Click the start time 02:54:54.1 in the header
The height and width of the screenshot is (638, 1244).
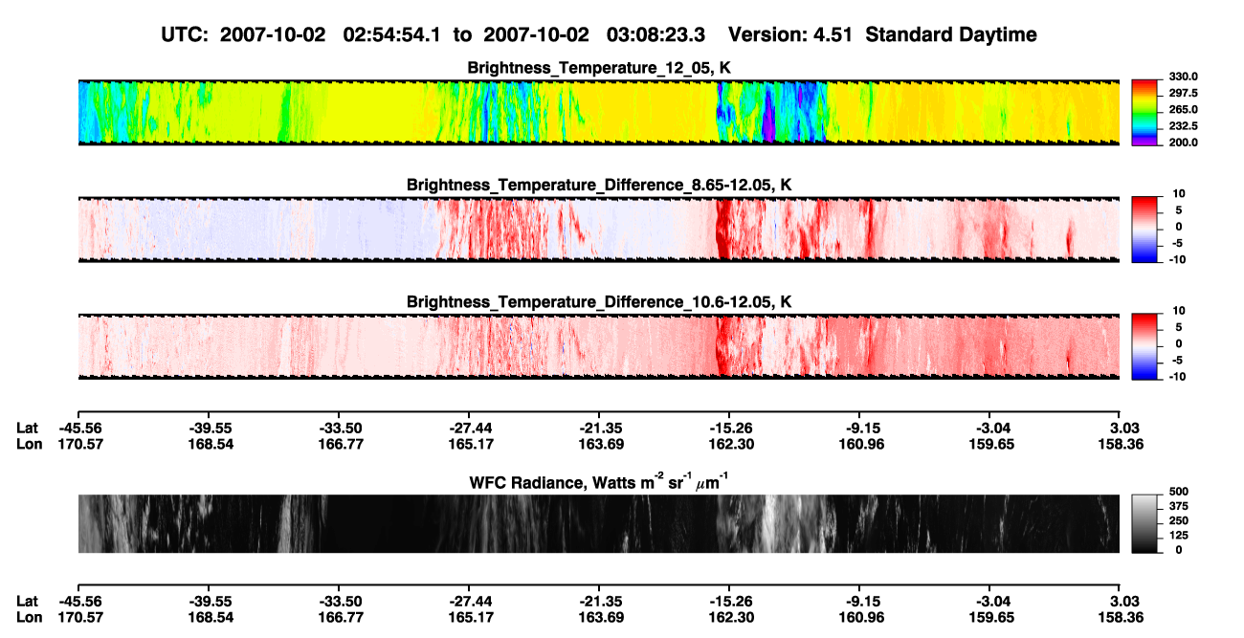point(391,34)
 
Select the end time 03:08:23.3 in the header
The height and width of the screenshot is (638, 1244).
point(655,34)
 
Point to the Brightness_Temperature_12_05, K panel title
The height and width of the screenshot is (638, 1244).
point(599,68)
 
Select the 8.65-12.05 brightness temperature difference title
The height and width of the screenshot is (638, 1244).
point(599,185)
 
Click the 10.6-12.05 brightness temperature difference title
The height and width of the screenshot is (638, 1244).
point(599,301)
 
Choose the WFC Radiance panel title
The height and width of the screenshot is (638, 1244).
point(599,481)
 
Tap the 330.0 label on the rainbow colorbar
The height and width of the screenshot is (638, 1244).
point(1183,77)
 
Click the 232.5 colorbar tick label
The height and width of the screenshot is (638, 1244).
point(1183,126)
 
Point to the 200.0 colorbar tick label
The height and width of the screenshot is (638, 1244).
point(1183,143)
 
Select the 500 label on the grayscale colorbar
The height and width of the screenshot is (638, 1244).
point(1179,492)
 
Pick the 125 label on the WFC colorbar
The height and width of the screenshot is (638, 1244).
point(1179,536)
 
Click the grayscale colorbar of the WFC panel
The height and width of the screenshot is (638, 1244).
point(1144,523)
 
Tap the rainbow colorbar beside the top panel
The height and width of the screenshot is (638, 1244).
point(1144,113)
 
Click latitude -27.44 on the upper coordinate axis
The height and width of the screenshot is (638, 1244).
point(471,429)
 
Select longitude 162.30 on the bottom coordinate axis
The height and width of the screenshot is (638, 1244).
point(731,618)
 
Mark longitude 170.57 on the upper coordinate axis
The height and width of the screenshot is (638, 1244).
point(80,444)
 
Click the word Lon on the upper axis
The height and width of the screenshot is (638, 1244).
point(29,444)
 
